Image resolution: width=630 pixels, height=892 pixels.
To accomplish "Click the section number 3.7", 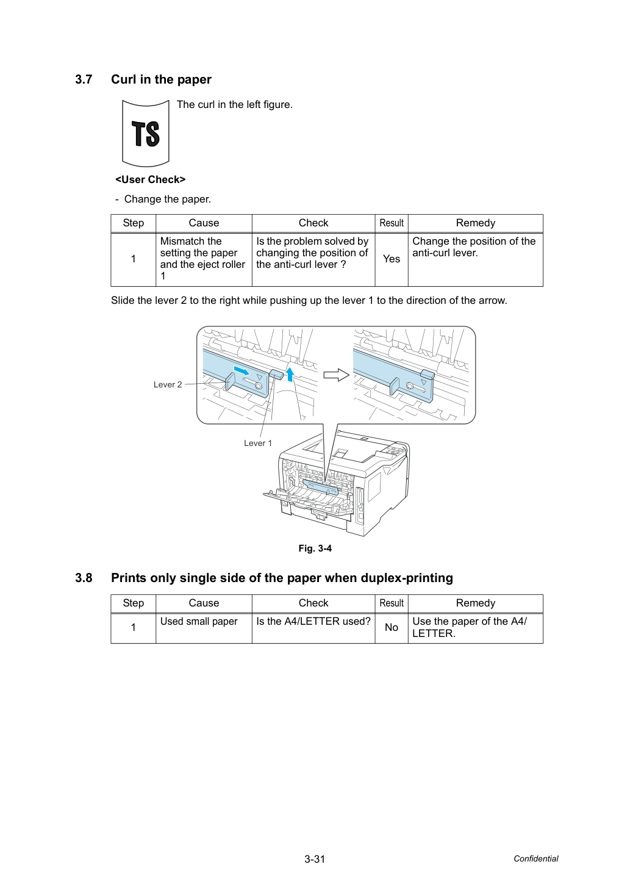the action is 84,79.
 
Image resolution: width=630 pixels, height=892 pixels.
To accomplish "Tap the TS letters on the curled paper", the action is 146,134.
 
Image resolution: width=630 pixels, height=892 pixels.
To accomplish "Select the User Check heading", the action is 151,179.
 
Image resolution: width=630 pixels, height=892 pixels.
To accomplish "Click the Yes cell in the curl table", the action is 392,259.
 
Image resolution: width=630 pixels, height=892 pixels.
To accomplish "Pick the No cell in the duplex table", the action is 392,628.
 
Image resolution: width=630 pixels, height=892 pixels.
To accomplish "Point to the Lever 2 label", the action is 168,384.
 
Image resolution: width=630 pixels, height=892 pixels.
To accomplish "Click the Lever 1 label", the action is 258,443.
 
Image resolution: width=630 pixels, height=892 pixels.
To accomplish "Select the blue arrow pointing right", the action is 242,371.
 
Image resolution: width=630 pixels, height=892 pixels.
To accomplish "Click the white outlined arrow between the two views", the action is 336,375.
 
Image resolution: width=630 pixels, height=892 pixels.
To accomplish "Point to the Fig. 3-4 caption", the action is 315,549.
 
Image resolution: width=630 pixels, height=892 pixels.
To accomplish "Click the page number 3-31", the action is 315,859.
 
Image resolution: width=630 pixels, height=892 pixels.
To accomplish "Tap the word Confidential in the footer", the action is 535,858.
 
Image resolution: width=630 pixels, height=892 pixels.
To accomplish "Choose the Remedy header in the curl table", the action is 476,223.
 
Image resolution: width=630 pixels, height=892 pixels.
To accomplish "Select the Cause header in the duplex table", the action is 204,603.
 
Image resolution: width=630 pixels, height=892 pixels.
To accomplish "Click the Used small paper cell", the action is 199,621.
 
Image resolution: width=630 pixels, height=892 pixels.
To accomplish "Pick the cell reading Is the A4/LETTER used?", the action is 313,621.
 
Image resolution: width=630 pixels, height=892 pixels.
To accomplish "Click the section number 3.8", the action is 84,578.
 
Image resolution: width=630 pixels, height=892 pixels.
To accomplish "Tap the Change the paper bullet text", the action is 168,199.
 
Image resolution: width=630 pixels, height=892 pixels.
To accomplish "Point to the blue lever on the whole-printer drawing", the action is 320,487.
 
